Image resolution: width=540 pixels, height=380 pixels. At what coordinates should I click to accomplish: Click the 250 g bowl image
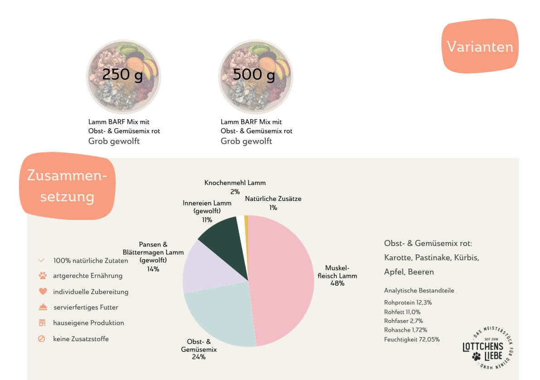click(124, 77)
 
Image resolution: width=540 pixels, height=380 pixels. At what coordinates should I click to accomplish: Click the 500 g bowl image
click(256, 77)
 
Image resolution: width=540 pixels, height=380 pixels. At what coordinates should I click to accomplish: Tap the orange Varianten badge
click(480, 46)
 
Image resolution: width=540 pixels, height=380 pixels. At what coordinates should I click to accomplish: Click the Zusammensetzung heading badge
click(68, 186)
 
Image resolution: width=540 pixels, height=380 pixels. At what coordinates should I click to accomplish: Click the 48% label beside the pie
click(337, 283)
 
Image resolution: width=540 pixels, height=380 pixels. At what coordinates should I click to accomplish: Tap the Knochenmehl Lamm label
click(235, 183)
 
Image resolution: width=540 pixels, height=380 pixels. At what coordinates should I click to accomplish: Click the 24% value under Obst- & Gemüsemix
click(199, 357)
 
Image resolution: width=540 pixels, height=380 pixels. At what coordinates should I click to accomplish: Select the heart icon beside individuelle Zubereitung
click(43, 292)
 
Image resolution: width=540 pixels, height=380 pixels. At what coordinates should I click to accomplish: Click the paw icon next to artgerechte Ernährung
click(43, 276)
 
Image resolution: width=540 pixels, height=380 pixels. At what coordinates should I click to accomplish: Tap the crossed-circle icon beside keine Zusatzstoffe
click(42, 339)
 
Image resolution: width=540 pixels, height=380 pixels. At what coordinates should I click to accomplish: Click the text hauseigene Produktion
click(88, 323)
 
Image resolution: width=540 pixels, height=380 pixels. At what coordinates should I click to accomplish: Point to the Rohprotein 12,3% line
click(408, 302)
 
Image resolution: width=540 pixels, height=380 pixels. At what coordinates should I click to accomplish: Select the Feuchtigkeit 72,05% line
click(412, 339)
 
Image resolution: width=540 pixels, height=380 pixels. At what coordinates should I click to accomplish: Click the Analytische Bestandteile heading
click(419, 290)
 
